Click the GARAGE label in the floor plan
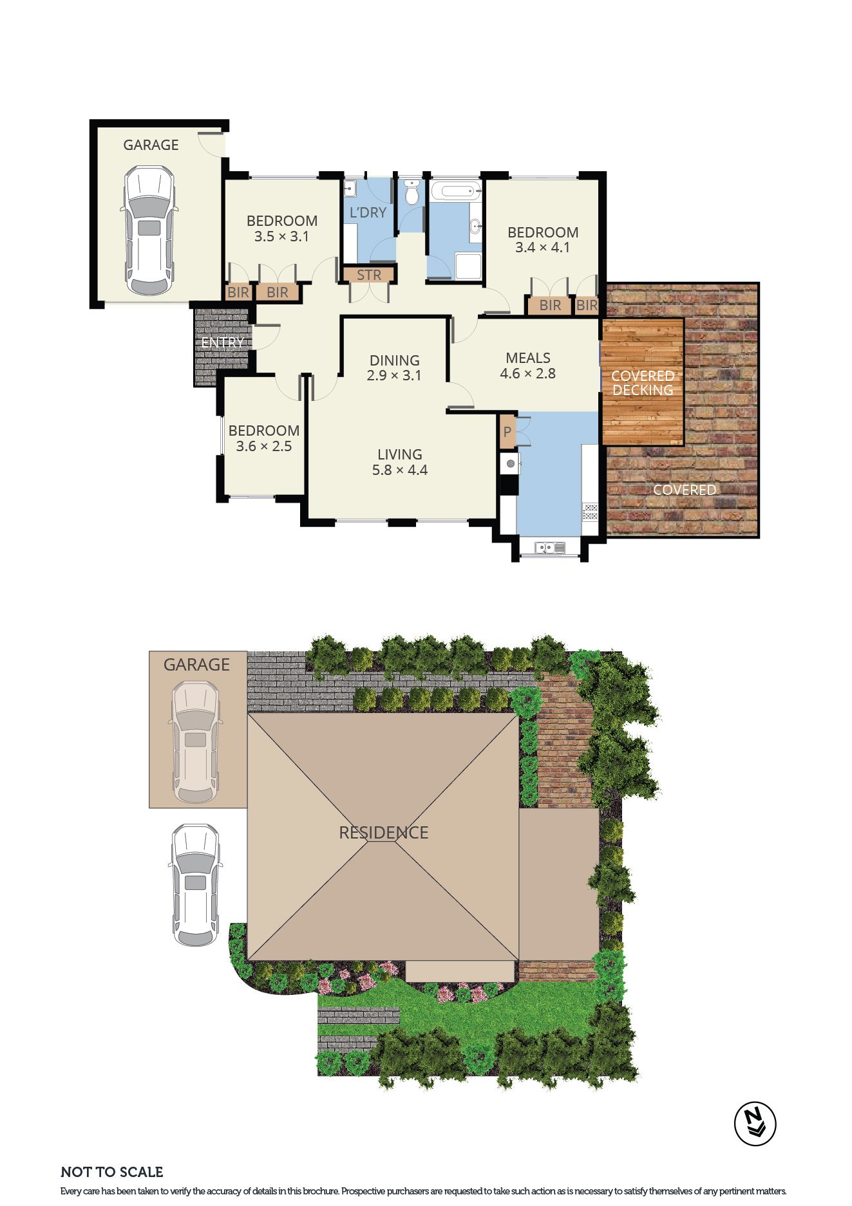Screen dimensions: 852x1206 [x=151, y=145]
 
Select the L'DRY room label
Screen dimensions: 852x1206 [x=368, y=212]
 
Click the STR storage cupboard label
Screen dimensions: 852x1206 [x=369, y=275]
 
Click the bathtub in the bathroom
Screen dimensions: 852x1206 [x=455, y=190]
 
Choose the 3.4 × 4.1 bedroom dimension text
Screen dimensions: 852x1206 [x=543, y=248]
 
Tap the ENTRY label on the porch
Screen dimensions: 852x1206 [x=223, y=342]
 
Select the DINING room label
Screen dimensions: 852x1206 [x=394, y=360]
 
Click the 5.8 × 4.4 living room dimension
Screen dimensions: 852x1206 [x=400, y=470]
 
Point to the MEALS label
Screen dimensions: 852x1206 [x=528, y=358]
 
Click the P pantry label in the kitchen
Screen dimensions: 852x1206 [x=507, y=432]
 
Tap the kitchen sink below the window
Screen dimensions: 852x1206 [x=549, y=548]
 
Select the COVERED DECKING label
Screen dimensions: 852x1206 [x=643, y=383]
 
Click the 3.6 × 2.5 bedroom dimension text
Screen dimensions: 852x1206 [x=264, y=446]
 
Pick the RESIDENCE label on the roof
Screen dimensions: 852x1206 [x=384, y=833]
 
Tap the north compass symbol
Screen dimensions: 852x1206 [x=755, y=1124]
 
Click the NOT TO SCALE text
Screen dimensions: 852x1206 [x=112, y=1172]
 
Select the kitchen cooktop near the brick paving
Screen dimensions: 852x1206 [x=591, y=512]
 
